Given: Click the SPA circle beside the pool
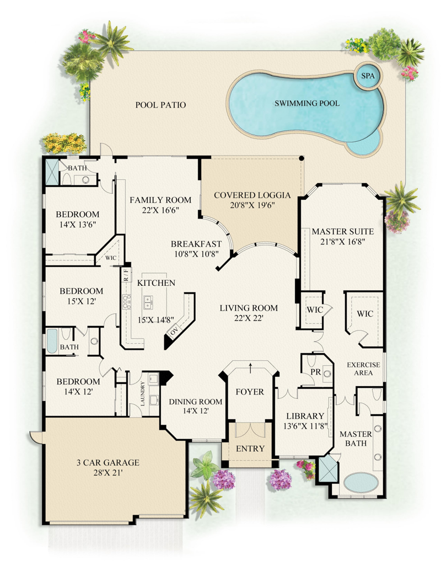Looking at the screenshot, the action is point(367,76).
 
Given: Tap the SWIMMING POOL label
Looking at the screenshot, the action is point(306,103).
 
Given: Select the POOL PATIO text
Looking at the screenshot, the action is point(160,105).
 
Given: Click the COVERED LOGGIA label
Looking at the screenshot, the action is point(252,195).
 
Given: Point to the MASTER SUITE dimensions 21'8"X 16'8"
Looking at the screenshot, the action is point(342,241).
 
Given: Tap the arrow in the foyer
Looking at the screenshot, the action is point(250,368).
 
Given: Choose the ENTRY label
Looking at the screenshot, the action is point(250,449).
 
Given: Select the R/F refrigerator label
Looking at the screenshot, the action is point(126,274).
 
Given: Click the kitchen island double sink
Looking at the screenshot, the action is point(148,302).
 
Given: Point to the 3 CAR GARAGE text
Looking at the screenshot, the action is point(108,462).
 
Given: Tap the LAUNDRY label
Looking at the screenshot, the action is point(142,394).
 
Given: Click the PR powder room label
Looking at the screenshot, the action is point(315,372).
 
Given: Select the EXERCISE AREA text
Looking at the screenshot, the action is point(363,369).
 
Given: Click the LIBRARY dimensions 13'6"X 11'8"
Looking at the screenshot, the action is point(305,426).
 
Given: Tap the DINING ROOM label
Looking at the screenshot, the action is point(195,401).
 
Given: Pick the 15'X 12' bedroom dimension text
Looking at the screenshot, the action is point(78,301).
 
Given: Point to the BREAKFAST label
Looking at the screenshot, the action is point(196,244).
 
